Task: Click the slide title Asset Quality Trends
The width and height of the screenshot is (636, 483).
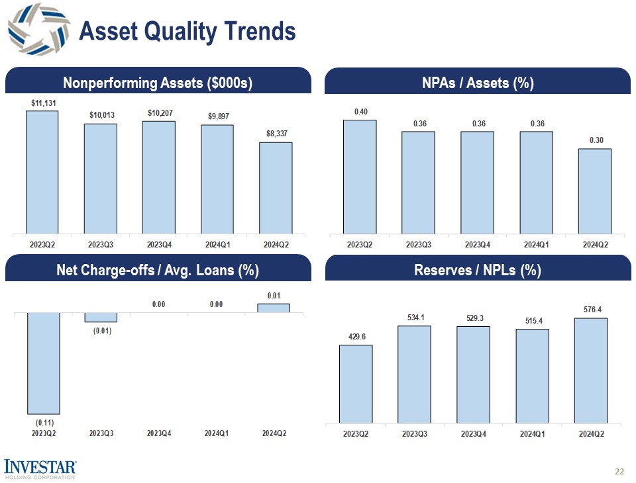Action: pos(187,30)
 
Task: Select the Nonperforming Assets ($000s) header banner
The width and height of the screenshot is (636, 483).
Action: pos(158,83)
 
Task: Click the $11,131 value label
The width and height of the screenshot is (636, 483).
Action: pos(43,103)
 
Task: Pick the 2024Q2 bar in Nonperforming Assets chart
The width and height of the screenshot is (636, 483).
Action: pos(276,187)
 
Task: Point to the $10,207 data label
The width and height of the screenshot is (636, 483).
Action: pos(159,113)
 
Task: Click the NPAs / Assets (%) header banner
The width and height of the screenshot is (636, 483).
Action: pos(478,83)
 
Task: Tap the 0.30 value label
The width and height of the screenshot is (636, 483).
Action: pos(595,140)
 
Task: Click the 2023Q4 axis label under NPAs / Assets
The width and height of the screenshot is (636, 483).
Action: pos(477,243)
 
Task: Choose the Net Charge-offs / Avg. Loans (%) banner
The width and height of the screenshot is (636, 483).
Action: pos(158,270)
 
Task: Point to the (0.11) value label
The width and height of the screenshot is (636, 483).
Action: pos(44,422)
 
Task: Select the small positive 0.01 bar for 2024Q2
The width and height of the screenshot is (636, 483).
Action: pos(274,308)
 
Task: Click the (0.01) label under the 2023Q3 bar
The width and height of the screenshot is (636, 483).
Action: pos(101,331)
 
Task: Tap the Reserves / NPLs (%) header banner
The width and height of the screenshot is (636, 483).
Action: pos(478,270)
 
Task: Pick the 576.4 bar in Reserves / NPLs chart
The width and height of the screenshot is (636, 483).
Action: pos(591,370)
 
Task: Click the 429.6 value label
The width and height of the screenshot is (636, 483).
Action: pos(356,337)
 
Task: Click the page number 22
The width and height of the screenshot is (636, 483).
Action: pos(619,472)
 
